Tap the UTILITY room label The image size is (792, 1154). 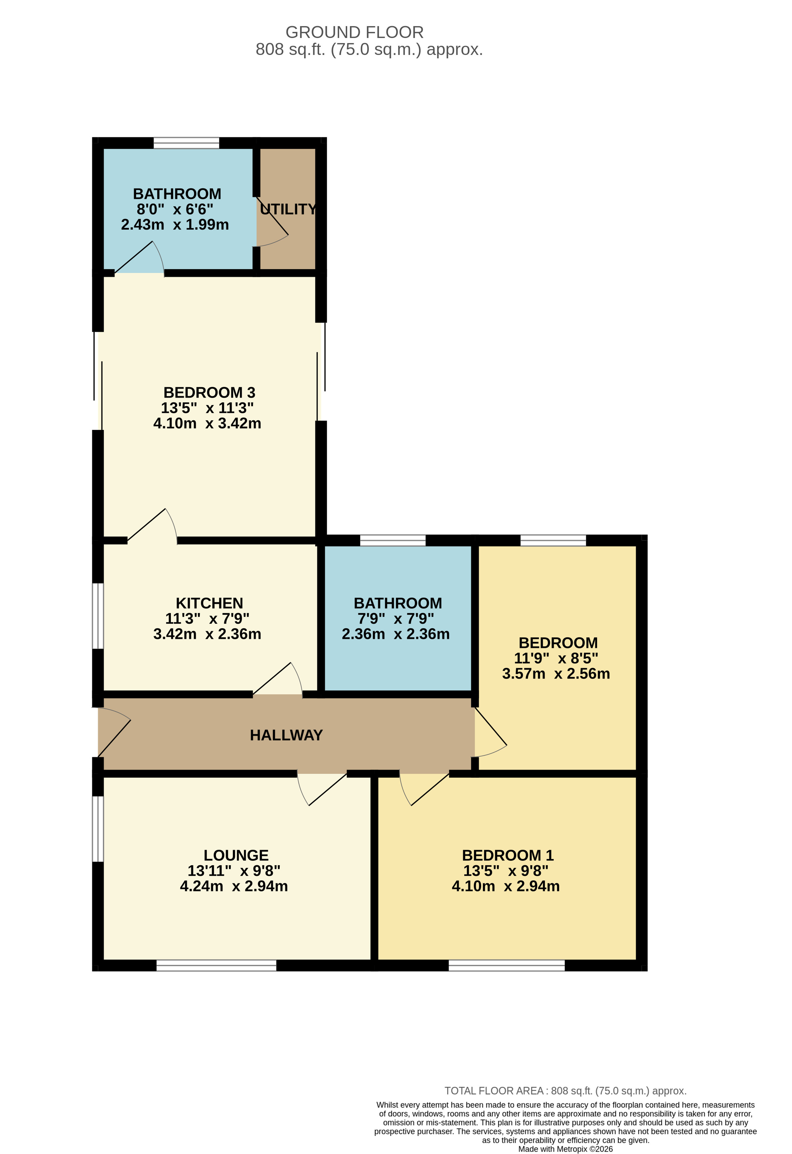point(288,209)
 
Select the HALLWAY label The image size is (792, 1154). point(286,735)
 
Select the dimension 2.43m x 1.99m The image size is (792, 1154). point(175,224)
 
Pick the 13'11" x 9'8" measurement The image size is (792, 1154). point(234,871)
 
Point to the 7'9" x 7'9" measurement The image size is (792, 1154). point(396,618)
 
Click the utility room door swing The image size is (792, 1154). point(273,223)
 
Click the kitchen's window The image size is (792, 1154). point(98,616)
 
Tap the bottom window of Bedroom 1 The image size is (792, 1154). point(507,965)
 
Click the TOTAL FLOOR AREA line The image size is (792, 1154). point(565,1091)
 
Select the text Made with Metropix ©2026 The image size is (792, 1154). point(565,1149)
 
